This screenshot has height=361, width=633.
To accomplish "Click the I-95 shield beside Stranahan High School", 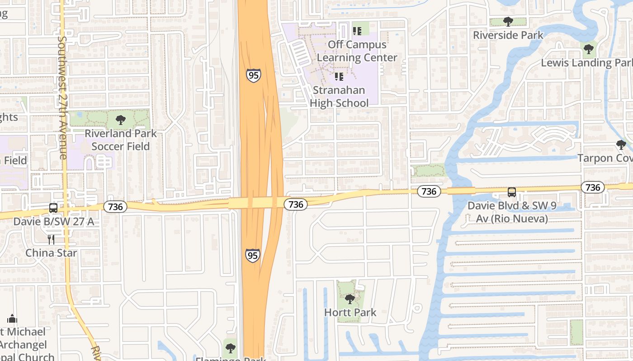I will [254, 75].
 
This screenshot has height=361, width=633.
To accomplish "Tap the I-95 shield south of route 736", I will [253, 255].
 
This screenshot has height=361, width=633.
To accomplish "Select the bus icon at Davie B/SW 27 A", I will [53, 208].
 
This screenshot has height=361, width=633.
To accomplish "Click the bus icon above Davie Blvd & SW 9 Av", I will [511, 192].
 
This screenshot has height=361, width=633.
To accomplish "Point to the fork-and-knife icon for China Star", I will [51, 239].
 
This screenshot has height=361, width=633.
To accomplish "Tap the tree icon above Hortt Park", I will [350, 299].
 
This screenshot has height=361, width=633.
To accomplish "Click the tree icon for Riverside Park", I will [508, 21].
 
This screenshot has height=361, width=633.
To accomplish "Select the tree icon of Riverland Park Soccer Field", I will [120, 120].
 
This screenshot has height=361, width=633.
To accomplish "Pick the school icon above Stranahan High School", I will [339, 77].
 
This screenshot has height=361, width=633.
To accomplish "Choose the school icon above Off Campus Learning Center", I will [357, 31].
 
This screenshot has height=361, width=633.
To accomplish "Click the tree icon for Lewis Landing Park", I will [588, 49].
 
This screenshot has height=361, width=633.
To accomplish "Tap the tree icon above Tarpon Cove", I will [621, 145].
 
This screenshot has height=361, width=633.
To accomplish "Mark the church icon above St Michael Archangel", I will [12, 319].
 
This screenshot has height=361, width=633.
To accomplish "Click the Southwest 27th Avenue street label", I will [62, 97].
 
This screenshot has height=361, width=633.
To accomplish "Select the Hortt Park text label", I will [350, 312].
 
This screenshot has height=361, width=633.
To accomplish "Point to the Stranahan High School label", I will [339, 97].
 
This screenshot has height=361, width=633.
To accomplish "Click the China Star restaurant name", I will [51, 253].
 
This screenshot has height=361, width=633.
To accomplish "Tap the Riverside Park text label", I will [508, 35].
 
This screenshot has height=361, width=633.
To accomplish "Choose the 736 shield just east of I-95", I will [296, 204].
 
